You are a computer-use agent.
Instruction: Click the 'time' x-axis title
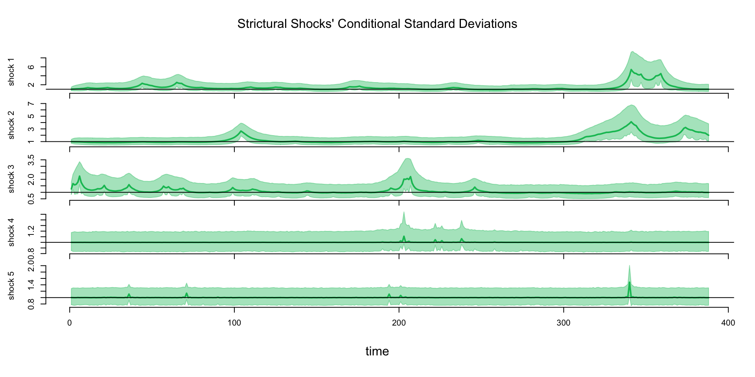coord(377,351)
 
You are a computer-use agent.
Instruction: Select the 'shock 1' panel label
coord(11,72)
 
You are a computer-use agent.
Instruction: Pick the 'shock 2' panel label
coord(11,125)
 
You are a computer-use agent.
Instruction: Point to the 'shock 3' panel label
coord(11,179)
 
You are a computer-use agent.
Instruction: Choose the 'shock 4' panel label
coord(11,232)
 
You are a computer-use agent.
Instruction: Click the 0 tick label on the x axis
coord(70,323)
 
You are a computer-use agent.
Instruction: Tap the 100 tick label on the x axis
coord(234,323)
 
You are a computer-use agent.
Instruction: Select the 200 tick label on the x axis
coord(399,323)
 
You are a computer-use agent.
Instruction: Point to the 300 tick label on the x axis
coord(563,323)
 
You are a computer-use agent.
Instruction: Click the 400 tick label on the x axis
coord(728,323)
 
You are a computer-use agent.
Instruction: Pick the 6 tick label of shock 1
coord(31,67)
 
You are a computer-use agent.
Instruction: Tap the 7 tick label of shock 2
coord(31,104)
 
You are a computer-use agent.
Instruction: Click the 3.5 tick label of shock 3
coord(31,160)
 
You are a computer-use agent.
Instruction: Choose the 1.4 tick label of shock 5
coord(31,284)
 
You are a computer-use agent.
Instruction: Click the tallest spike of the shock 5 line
coord(629,282)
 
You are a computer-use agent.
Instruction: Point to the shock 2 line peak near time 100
coord(241,131)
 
